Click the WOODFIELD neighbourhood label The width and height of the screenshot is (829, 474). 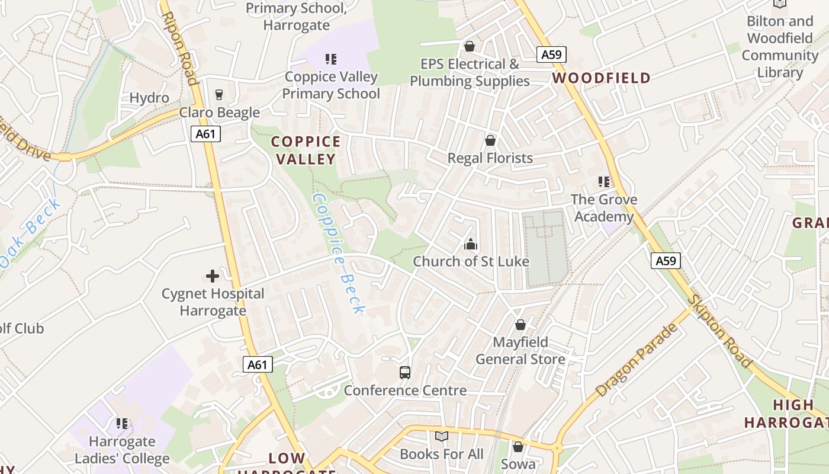(602, 78)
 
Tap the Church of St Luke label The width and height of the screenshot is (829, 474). (471, 261)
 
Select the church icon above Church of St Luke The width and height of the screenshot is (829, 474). (471, 244)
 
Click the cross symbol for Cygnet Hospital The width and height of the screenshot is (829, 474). (213, 276)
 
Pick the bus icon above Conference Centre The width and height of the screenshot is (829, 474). (405, 373)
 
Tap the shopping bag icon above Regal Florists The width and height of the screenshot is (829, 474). (490, 140)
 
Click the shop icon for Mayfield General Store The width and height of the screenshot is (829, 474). (520, 325)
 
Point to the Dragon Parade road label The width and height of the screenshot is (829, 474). (636, 360)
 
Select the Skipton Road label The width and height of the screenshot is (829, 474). (719, 331)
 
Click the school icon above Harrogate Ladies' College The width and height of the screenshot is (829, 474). (122, 423)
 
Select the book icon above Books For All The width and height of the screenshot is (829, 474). (441, 437)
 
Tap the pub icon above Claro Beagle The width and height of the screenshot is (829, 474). (219, 95)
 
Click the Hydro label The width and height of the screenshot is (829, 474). (149, 98)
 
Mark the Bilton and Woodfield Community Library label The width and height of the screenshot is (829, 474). (780, 47)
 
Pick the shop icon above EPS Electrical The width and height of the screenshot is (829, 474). (470, 46)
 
